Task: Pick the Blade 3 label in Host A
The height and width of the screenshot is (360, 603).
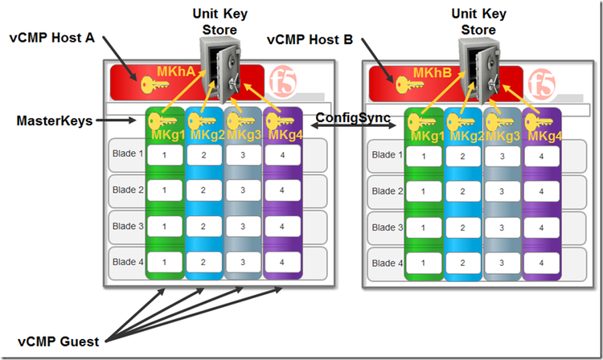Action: (x=127, y=226)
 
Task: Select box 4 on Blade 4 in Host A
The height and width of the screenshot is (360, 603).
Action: (x=282, y=263)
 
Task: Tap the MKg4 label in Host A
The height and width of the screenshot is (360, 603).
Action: (x=285, y=134)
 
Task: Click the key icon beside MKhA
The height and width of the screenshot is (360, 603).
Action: (x=154, y=83)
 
